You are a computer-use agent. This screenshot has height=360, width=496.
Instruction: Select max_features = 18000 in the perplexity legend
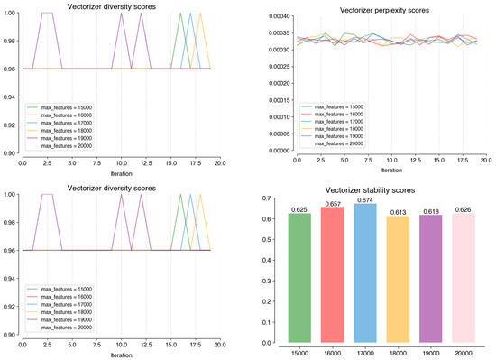336,128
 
